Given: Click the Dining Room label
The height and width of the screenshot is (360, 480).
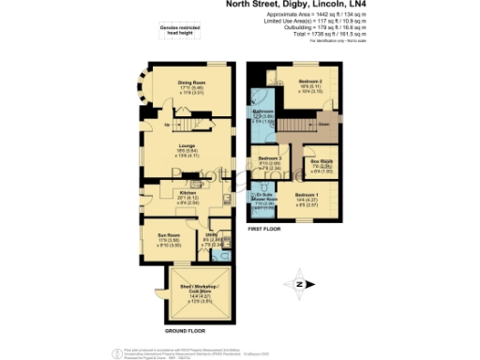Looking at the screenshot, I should (190, 82).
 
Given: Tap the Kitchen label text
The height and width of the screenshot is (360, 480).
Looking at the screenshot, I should (188, 192).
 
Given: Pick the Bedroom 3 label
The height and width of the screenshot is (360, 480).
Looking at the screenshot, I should (270, 158).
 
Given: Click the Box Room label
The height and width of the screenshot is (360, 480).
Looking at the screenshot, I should (322, 161).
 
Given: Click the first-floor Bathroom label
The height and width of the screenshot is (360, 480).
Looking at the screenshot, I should (262, 111).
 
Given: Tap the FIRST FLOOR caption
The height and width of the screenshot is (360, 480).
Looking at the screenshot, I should (273, 227).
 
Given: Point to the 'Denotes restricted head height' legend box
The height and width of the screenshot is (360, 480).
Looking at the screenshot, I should (176, 30).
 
